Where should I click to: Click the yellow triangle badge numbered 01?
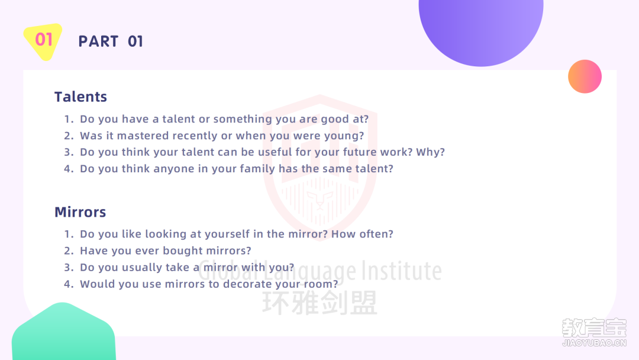(43, 41)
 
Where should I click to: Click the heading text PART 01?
(111, 41)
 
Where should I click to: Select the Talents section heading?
(80, 97)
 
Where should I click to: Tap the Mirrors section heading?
(80, 212)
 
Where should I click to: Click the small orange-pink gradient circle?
(585, 76)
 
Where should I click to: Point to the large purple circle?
(481, 28)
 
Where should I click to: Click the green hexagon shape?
(63, 332)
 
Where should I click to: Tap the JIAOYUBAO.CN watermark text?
(594, 343)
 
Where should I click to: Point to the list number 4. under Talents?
(69, 169)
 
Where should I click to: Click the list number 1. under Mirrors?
(69, 234)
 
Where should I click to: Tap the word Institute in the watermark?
(402, 271)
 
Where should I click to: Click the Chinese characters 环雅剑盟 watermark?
(320, 303)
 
